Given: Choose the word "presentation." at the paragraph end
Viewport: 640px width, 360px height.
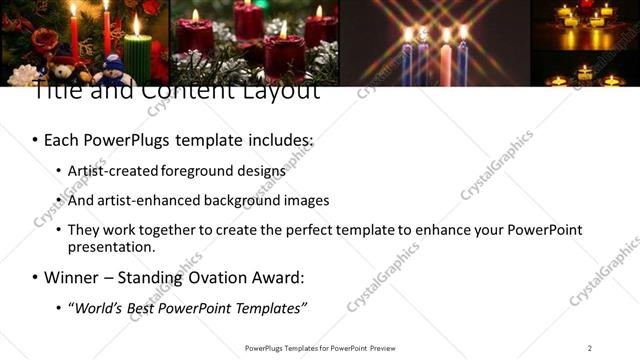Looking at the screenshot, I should pyautogui.click(x=111, y=246).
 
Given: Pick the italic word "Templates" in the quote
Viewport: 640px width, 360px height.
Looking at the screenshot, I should pyautogui.click(x=270, y=307).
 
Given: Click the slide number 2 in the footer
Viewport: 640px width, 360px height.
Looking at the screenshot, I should pyautogui.click(x=590, y=348).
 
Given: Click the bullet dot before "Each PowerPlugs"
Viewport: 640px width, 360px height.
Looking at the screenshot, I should pyautogui.click(x=36, y=140).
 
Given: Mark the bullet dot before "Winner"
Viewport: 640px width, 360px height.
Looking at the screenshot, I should pyautogui.click(x=36, y=277).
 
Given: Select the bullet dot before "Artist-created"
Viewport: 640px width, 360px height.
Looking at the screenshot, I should pyautogui.click(x=58, y=171).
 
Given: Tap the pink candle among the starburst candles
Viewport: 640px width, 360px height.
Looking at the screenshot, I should pyautogui.click(x=445, y=62).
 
